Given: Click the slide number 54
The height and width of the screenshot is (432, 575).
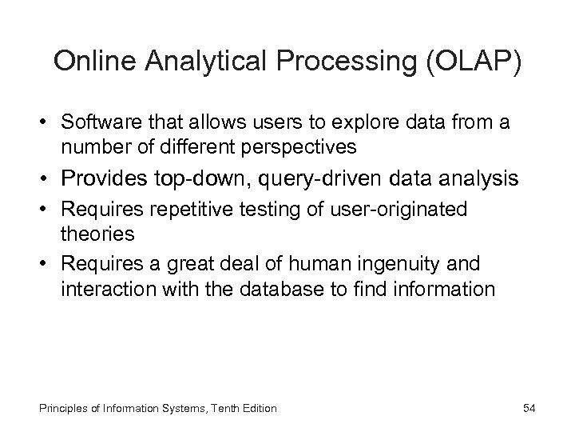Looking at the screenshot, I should click(x=529, y=409).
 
